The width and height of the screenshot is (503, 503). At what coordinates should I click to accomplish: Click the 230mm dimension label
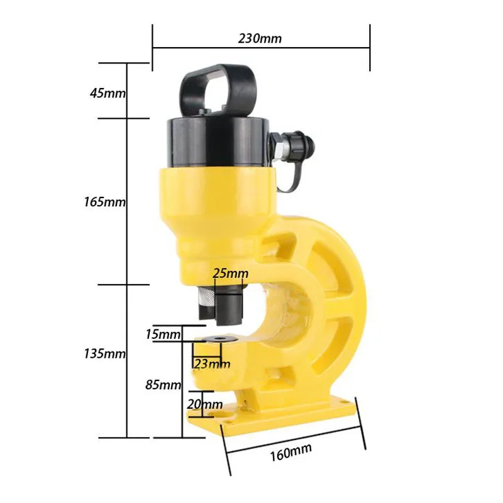(x=260, y=38)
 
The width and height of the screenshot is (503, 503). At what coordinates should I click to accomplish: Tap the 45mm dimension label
(x=108, y=93)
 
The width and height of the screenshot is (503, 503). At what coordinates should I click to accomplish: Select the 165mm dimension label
(x=104, y=202)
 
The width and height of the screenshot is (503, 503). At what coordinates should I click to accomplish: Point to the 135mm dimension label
(x=104, y=353)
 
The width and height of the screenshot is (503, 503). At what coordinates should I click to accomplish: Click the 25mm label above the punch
(x=230, y=274)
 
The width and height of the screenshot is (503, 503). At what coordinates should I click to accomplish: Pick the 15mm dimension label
(x=163, y=334)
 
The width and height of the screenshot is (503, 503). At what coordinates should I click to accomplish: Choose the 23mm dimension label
(x=213, y=364)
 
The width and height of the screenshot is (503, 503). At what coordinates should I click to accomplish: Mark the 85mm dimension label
(x=163, y=384)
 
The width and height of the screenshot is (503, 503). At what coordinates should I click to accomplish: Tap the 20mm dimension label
(x=205, y=404)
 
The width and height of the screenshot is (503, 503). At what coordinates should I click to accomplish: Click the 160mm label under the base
(x=290, y=452)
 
